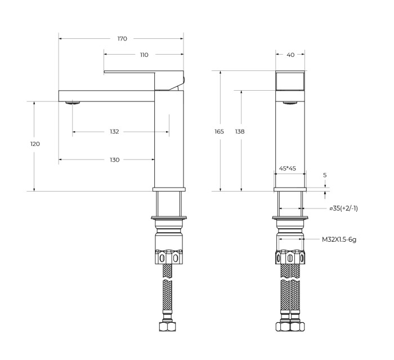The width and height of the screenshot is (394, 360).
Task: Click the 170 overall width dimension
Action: coord(122,39)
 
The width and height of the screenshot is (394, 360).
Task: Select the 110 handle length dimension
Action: coord(144,55)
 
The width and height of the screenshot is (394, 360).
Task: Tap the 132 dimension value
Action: coord(114,131)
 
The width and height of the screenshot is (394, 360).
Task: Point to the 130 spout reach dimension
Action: coord(114,160)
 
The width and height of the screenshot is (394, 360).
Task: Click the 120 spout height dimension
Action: coord(35,144)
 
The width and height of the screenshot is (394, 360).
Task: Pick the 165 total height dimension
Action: coord(219,131)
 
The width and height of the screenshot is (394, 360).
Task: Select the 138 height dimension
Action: coord(240,131)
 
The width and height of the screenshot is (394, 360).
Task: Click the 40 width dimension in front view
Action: coord(290,55)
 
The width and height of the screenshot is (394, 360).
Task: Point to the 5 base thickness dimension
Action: coord(325,175)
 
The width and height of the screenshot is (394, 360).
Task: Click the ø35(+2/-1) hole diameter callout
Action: coord(343,208)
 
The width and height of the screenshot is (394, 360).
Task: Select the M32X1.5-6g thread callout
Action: coord(339,239)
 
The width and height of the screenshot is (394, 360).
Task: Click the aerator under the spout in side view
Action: coord(73,103)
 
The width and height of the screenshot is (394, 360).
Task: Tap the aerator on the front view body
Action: coord(290,103)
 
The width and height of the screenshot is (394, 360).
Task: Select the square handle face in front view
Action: coord(290,80)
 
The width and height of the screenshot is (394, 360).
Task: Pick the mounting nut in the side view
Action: coord(169,256)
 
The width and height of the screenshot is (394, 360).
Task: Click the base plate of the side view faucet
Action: coord(169,188)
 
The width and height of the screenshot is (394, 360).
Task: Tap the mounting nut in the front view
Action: coord(290,256)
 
